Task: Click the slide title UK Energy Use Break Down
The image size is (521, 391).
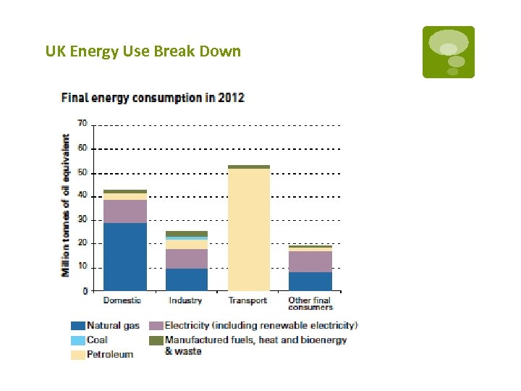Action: tap(143, 51)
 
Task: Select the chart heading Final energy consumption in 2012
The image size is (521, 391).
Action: tap(153, 98)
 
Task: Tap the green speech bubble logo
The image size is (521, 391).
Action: tap(449, 52)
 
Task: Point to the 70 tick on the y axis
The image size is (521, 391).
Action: tap(82, 124)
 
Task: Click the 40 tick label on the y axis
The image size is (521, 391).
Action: tap(82, 195)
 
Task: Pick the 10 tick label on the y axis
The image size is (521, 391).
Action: tap(82, 266)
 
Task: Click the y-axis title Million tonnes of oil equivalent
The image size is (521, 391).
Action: tap(66, 205)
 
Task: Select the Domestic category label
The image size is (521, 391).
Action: tap(122, 300)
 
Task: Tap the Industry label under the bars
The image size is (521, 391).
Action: tap(185, 300)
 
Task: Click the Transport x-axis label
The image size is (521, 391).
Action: tap(247, 300)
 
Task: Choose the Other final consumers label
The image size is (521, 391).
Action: tap(310, 303)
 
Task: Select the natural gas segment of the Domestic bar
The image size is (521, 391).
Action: tap(125, 256)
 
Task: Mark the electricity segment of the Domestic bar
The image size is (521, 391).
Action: tap(125, 211)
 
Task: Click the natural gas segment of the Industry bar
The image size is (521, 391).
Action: tap(187, 279)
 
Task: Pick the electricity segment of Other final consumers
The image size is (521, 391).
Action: tap(310, 261)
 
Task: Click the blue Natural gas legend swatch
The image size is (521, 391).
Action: tap(77, 326)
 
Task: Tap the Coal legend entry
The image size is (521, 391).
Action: tap(96, 340)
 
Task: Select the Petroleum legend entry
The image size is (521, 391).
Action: tap(109, 354)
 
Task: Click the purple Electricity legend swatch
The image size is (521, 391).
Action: tap(155, 326)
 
